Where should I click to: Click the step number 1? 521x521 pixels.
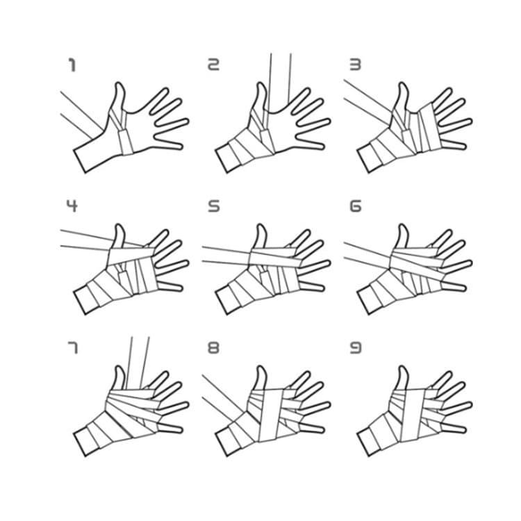(x=71, y=65)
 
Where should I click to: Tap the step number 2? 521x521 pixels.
(x=213, y=65)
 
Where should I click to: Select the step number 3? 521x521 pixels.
(x=355, y=65)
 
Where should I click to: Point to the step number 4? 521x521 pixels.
(x=72, y=206)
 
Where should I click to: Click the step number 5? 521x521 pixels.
(x=213, y=206)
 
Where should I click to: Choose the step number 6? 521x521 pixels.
(x=355, y=206)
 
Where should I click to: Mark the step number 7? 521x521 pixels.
(x=72, y=347)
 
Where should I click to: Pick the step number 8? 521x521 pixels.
(x=213, y=347)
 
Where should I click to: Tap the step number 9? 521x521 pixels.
(x=355, y=347)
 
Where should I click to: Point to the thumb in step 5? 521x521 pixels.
(x=260, y=236)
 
